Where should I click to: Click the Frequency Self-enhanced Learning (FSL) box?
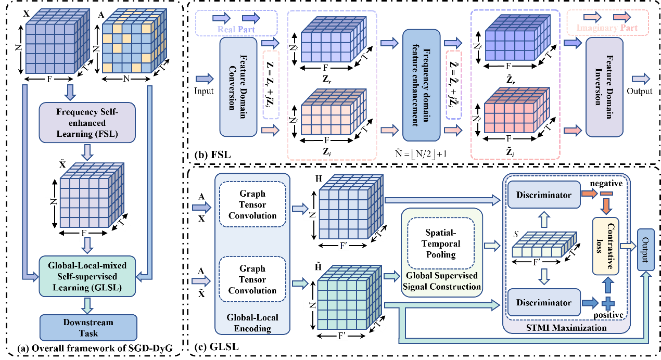tap(87, 122)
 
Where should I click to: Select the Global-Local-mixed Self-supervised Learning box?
tap(87, 276)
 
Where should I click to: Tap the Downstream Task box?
tap(88, 328)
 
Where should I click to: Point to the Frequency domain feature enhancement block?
tap(421, 85)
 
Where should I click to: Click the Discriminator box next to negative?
tap(543, 195)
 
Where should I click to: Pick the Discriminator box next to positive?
tap(543, 302)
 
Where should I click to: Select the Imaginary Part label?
tap(606, 28)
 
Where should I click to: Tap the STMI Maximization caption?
tap(566, 328)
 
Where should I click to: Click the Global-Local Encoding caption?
tap(252, 323)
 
